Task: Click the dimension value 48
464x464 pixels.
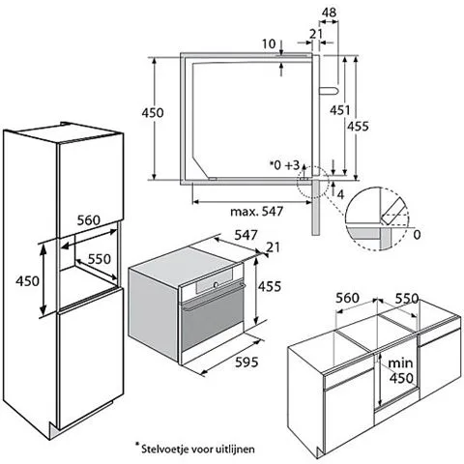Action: click(x=329, y=13)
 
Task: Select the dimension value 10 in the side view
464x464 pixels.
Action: click(x=269, y=43)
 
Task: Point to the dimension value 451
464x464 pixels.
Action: click(x=339, y=110)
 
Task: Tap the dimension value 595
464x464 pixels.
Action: click(x=246, y=362)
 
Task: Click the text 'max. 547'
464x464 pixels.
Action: click(x=257, y=212)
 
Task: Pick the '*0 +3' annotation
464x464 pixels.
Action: click(x=285, y=165)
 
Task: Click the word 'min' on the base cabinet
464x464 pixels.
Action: click(x=400, y=363)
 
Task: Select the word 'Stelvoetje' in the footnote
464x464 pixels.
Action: click(x=164, y=449)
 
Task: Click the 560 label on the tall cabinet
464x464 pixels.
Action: click(x=89, y=220)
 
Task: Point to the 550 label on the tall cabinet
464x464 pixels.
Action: click(x=100, y=259)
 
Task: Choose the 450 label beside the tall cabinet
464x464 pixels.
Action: click(x=27, y=281)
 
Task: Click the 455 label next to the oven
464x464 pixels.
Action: click(x=270, y=286)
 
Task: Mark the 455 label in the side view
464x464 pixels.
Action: click(x=358, y=127)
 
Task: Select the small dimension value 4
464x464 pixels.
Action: click(x=340, y=194)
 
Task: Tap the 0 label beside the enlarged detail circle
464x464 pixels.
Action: click(x=417, y=235)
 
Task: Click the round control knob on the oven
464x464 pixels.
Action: click(x=216, y=284)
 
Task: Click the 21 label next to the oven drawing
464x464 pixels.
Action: click(x=273, y=247)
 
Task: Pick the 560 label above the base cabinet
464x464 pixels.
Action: click(x=347, y=298)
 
